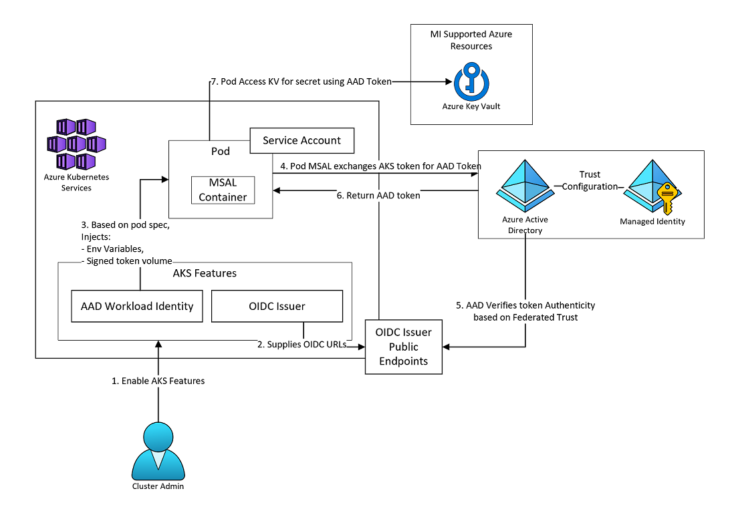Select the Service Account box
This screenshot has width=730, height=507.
click(x=301, y=140)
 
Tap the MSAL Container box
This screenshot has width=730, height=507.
click(x=223, y=190)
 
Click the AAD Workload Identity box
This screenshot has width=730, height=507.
click(x=137, y=306)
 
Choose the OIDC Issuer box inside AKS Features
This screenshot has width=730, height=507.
click(x=277, y=306)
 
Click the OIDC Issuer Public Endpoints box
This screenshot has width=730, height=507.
click(x=403, y=347)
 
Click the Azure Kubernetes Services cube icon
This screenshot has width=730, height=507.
click(x=76, y=144)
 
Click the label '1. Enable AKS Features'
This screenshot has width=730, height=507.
click(x=158, y=381)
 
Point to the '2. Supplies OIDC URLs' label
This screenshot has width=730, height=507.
click(x=307, y=345)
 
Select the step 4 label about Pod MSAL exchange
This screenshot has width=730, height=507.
click(x=381, y=166)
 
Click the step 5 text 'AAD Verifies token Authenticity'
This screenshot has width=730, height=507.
click(x=525, y=305)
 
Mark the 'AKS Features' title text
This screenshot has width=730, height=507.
click(x=205, y=273)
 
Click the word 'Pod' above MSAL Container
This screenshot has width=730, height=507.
click(x=221, y=151)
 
